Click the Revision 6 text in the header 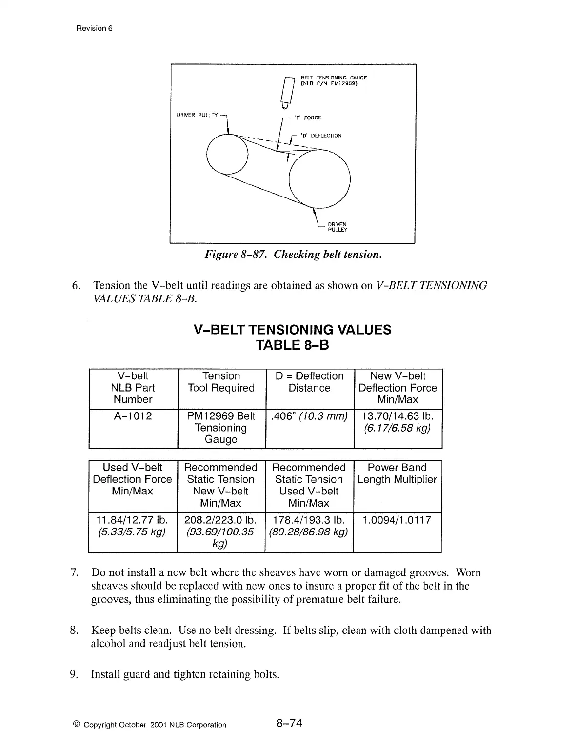point(95,28)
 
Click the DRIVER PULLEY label point(197,115)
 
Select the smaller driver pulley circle point(227,153)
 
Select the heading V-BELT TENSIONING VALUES point(293,330)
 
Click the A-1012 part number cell point(133,416)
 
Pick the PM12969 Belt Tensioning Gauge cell point(221,428)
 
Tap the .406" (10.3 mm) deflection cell point(309,416)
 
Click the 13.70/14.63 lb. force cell point(398,422)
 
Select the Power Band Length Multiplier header point(397,473)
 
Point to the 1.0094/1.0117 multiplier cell point(397,520)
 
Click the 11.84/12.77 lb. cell point(132,526)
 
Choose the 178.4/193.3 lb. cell point(309,526)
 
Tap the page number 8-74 point(289,723)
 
